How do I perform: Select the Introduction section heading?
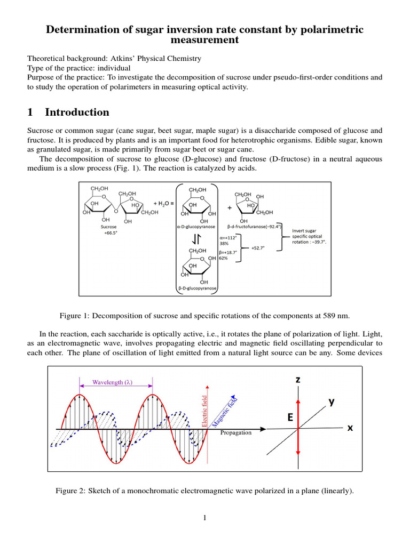77,112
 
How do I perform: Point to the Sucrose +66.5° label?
101,229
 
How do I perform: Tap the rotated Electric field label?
206,410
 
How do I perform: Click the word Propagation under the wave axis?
235,432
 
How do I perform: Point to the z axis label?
298,380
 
